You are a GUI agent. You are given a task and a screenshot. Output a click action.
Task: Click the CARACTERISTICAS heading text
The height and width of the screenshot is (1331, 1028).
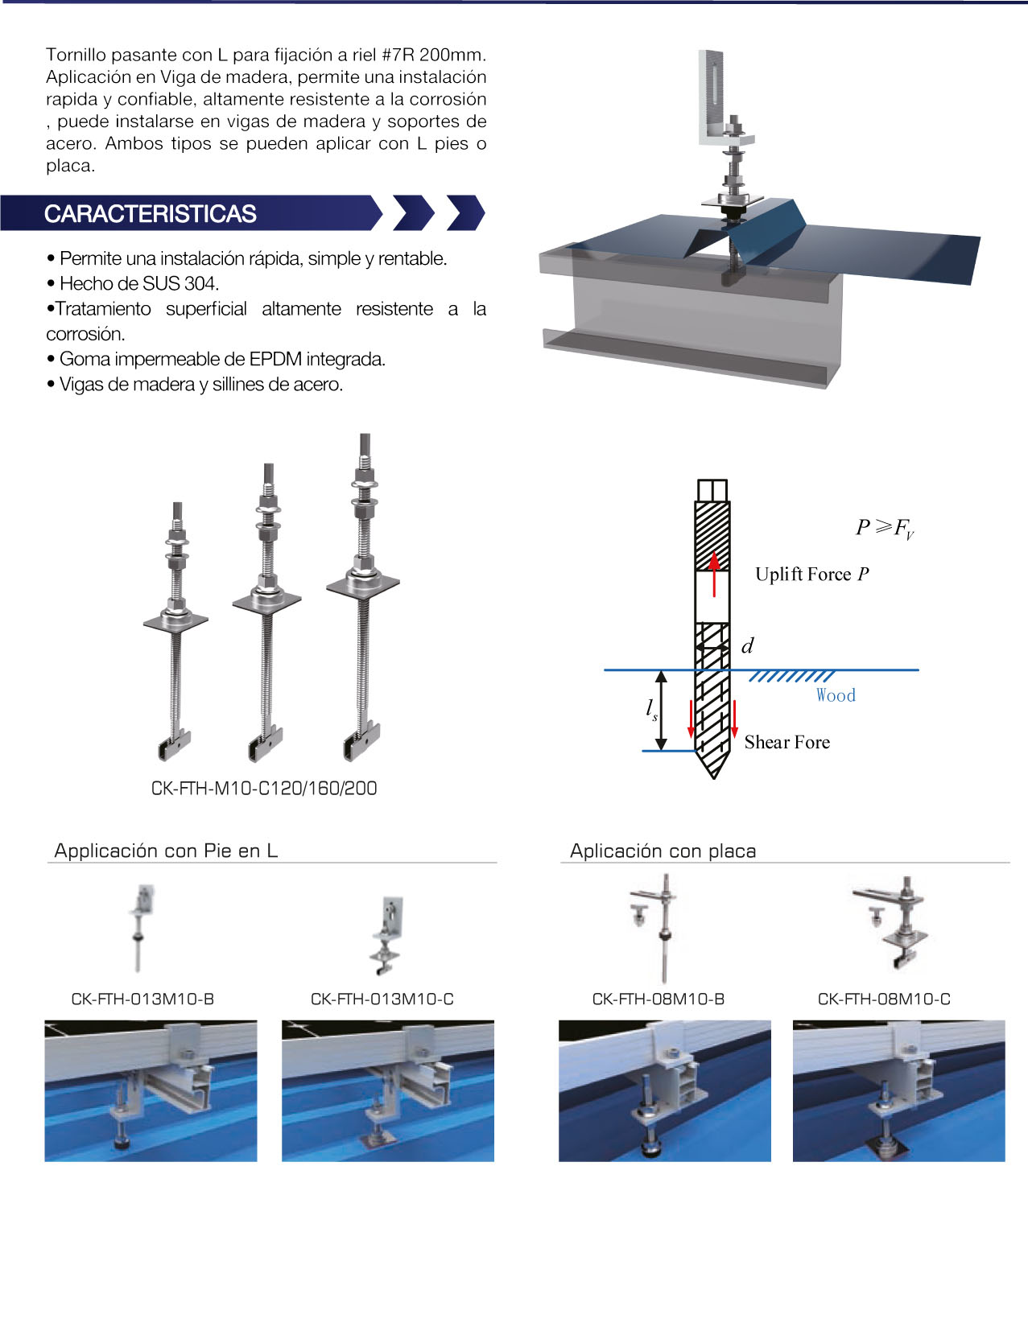150,214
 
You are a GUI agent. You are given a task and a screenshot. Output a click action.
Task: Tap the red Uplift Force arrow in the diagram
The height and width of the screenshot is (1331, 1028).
714,574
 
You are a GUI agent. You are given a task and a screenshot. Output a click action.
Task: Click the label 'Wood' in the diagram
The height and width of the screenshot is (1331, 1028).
836,695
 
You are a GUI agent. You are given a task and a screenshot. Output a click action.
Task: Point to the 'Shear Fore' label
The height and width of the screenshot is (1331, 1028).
786,743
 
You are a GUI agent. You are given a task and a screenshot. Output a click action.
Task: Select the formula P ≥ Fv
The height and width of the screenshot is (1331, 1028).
885,528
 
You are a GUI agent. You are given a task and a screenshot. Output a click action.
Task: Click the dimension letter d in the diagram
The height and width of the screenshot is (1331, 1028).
747,645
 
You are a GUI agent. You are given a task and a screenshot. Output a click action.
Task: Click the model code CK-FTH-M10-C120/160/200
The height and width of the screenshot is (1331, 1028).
264,788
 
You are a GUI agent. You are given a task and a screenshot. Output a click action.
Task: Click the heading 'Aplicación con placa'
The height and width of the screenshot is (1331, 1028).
663,851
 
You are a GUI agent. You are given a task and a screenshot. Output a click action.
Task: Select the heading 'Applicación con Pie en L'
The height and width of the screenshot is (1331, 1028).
166,850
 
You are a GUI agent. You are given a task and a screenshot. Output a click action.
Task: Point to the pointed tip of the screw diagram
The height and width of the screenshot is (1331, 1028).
714,778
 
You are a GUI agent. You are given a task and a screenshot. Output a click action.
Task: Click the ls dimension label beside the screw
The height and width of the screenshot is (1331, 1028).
651,710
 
